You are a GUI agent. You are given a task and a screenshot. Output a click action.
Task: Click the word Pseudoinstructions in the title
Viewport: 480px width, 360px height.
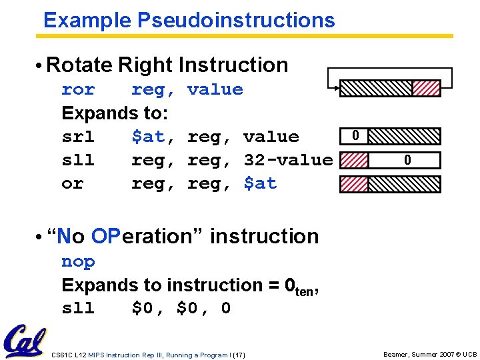(x=236, y=20)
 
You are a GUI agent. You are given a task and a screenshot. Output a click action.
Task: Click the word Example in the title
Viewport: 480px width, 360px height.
(x=87, y=20)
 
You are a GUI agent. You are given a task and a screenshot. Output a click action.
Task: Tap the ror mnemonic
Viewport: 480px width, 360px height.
(x=78, y=89)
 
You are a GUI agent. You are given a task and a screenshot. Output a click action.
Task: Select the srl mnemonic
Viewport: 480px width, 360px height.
(x=78, y=137)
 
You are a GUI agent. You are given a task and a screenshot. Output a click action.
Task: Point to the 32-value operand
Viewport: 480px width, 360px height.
(x=288, y=160)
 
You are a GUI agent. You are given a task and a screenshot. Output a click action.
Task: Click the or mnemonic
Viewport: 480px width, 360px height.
(x=72, y=183)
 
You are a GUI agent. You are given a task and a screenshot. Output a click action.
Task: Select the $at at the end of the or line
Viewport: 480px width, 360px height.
(x=260, y=183)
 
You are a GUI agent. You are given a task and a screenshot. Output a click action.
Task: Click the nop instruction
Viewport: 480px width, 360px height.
(x=78, y=261)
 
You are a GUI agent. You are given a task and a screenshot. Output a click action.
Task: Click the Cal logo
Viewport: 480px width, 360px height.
(x=25, y=341)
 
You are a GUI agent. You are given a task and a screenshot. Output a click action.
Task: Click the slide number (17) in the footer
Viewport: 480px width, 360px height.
(x=239, y=355)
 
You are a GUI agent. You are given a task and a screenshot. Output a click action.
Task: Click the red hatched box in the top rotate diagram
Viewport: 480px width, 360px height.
(x=426, y=88)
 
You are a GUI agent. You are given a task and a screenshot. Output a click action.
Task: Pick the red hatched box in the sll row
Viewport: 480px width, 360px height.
(x=354, y=160)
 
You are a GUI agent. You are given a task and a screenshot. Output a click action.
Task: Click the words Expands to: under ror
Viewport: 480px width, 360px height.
(x=115, y=113)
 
